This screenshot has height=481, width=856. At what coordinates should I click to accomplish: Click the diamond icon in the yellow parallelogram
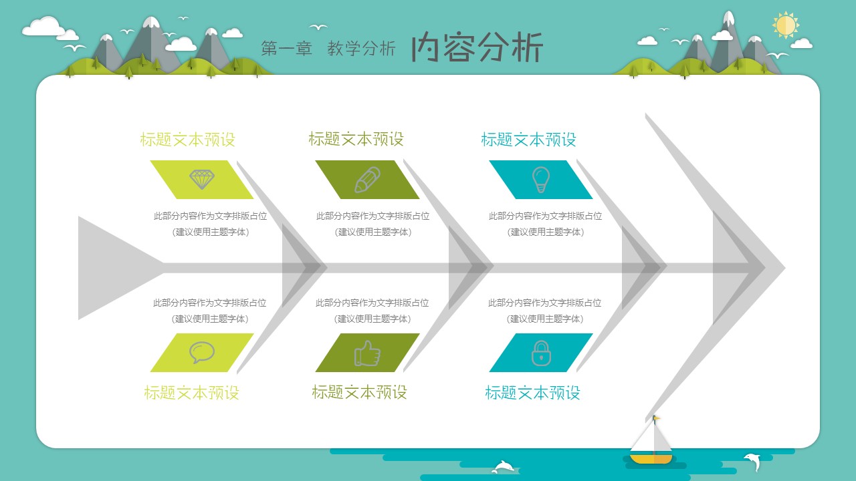(202, 179)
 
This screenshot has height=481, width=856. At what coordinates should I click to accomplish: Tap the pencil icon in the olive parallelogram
(367, 180)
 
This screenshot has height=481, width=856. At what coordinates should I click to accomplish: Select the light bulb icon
(540, 180)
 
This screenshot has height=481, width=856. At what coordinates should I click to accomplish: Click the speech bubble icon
(201, 352)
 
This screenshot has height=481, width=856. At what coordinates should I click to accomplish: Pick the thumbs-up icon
(367, 353)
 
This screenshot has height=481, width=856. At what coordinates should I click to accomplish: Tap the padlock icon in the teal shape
(540, 353)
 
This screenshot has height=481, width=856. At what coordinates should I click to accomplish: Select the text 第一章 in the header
(286, 49)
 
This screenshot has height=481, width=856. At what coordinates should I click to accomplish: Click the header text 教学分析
(361, 49)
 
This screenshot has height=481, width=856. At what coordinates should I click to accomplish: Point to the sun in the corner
(786, 25)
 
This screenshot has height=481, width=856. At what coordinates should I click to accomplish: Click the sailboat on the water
(651, 443)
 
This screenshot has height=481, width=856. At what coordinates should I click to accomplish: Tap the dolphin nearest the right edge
(752, 460)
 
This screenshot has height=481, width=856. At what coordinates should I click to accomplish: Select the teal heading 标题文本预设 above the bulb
(528, 140)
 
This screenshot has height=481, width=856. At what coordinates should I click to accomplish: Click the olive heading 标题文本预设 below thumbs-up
(359, 392)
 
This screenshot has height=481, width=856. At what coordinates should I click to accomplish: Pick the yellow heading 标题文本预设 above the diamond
(187, 140)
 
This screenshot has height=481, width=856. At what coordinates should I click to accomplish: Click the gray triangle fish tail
(114, 267)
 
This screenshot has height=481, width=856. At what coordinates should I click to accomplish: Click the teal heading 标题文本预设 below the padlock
(532, 393)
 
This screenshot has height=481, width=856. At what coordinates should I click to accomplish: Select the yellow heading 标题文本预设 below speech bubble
(191, 393)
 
